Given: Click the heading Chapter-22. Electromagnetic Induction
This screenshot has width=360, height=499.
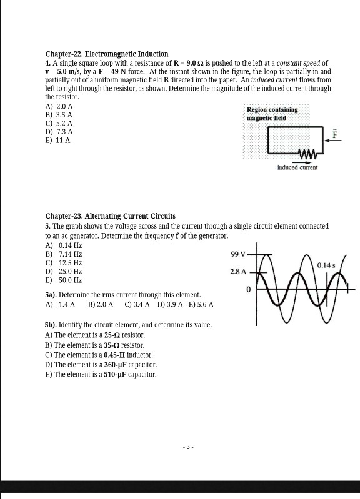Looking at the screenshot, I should coord(107,54).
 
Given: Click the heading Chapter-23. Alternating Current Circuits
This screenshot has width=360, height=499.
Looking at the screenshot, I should coord(111,216).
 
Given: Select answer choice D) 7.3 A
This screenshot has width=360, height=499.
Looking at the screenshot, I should coord(59,132).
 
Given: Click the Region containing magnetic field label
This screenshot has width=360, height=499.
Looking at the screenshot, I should coord(272,113).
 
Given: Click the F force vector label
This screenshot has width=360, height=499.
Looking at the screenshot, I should coord(334,134).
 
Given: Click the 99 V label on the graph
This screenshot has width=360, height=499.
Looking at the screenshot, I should coord(239,255).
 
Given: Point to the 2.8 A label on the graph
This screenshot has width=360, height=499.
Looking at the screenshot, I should coord(239,272).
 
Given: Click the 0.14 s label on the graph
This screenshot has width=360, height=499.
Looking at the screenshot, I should coord(326,265).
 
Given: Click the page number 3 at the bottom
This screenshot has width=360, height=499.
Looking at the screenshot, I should coord(188,447).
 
